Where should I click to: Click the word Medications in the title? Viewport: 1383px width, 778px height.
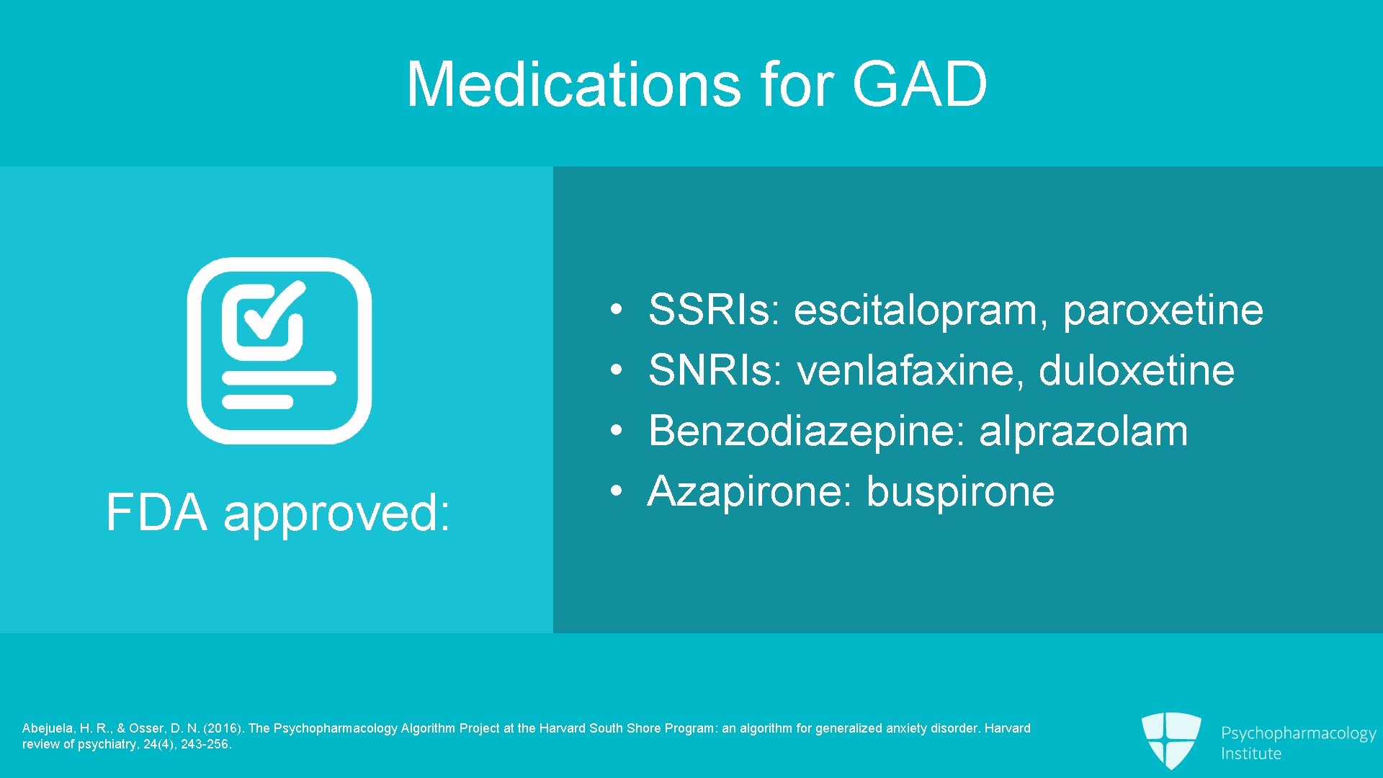click(573, 84)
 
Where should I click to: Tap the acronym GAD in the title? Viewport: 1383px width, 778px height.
click(919, 84)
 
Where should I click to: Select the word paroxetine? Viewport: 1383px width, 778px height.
click(1163, 310)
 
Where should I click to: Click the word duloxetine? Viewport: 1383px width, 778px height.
click(1136, 370)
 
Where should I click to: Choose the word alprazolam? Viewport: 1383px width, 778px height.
click(1083, 431)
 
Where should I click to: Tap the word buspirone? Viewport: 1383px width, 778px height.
click(959, 491)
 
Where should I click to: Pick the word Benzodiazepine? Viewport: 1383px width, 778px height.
click(806, 431)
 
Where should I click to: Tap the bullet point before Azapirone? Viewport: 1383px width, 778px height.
click(616, 491)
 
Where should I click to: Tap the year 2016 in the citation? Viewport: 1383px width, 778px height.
click(223, 728)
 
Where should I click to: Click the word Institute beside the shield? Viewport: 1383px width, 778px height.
click(1250, 754)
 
